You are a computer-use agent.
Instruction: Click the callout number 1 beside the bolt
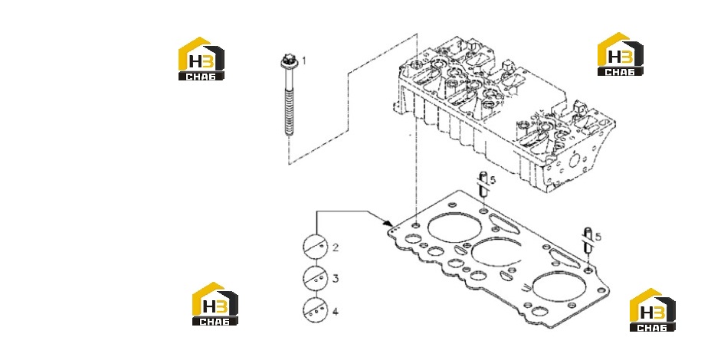click(304, 61)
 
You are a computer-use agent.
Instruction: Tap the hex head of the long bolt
click(287, 59)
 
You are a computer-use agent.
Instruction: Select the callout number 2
click(335, 247)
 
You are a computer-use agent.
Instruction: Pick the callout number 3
click(335, 278)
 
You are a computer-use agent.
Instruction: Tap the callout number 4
click(335, 312)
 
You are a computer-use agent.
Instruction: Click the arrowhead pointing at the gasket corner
click(388, 223)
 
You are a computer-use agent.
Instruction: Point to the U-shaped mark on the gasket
click(526, 287)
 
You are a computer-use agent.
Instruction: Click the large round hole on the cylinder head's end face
click(575, 160)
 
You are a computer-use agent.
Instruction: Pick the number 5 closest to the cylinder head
click(493, 180)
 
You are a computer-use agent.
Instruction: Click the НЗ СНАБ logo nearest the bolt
click(202, 58)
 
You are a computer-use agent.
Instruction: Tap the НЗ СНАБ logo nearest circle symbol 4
click(215, 303)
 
